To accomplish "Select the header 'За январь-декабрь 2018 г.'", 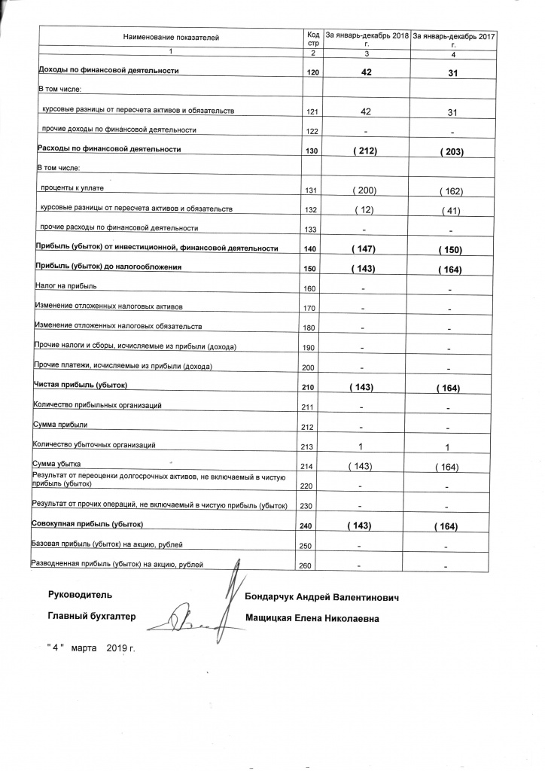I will [367, 38].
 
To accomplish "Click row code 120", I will [314, 72].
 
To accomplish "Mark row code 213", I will [306, 446].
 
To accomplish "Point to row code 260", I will [306, 565].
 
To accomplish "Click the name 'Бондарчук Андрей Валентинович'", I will [321, 597].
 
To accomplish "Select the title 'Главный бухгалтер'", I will [91, 617].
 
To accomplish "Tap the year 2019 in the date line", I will [118, 648].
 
